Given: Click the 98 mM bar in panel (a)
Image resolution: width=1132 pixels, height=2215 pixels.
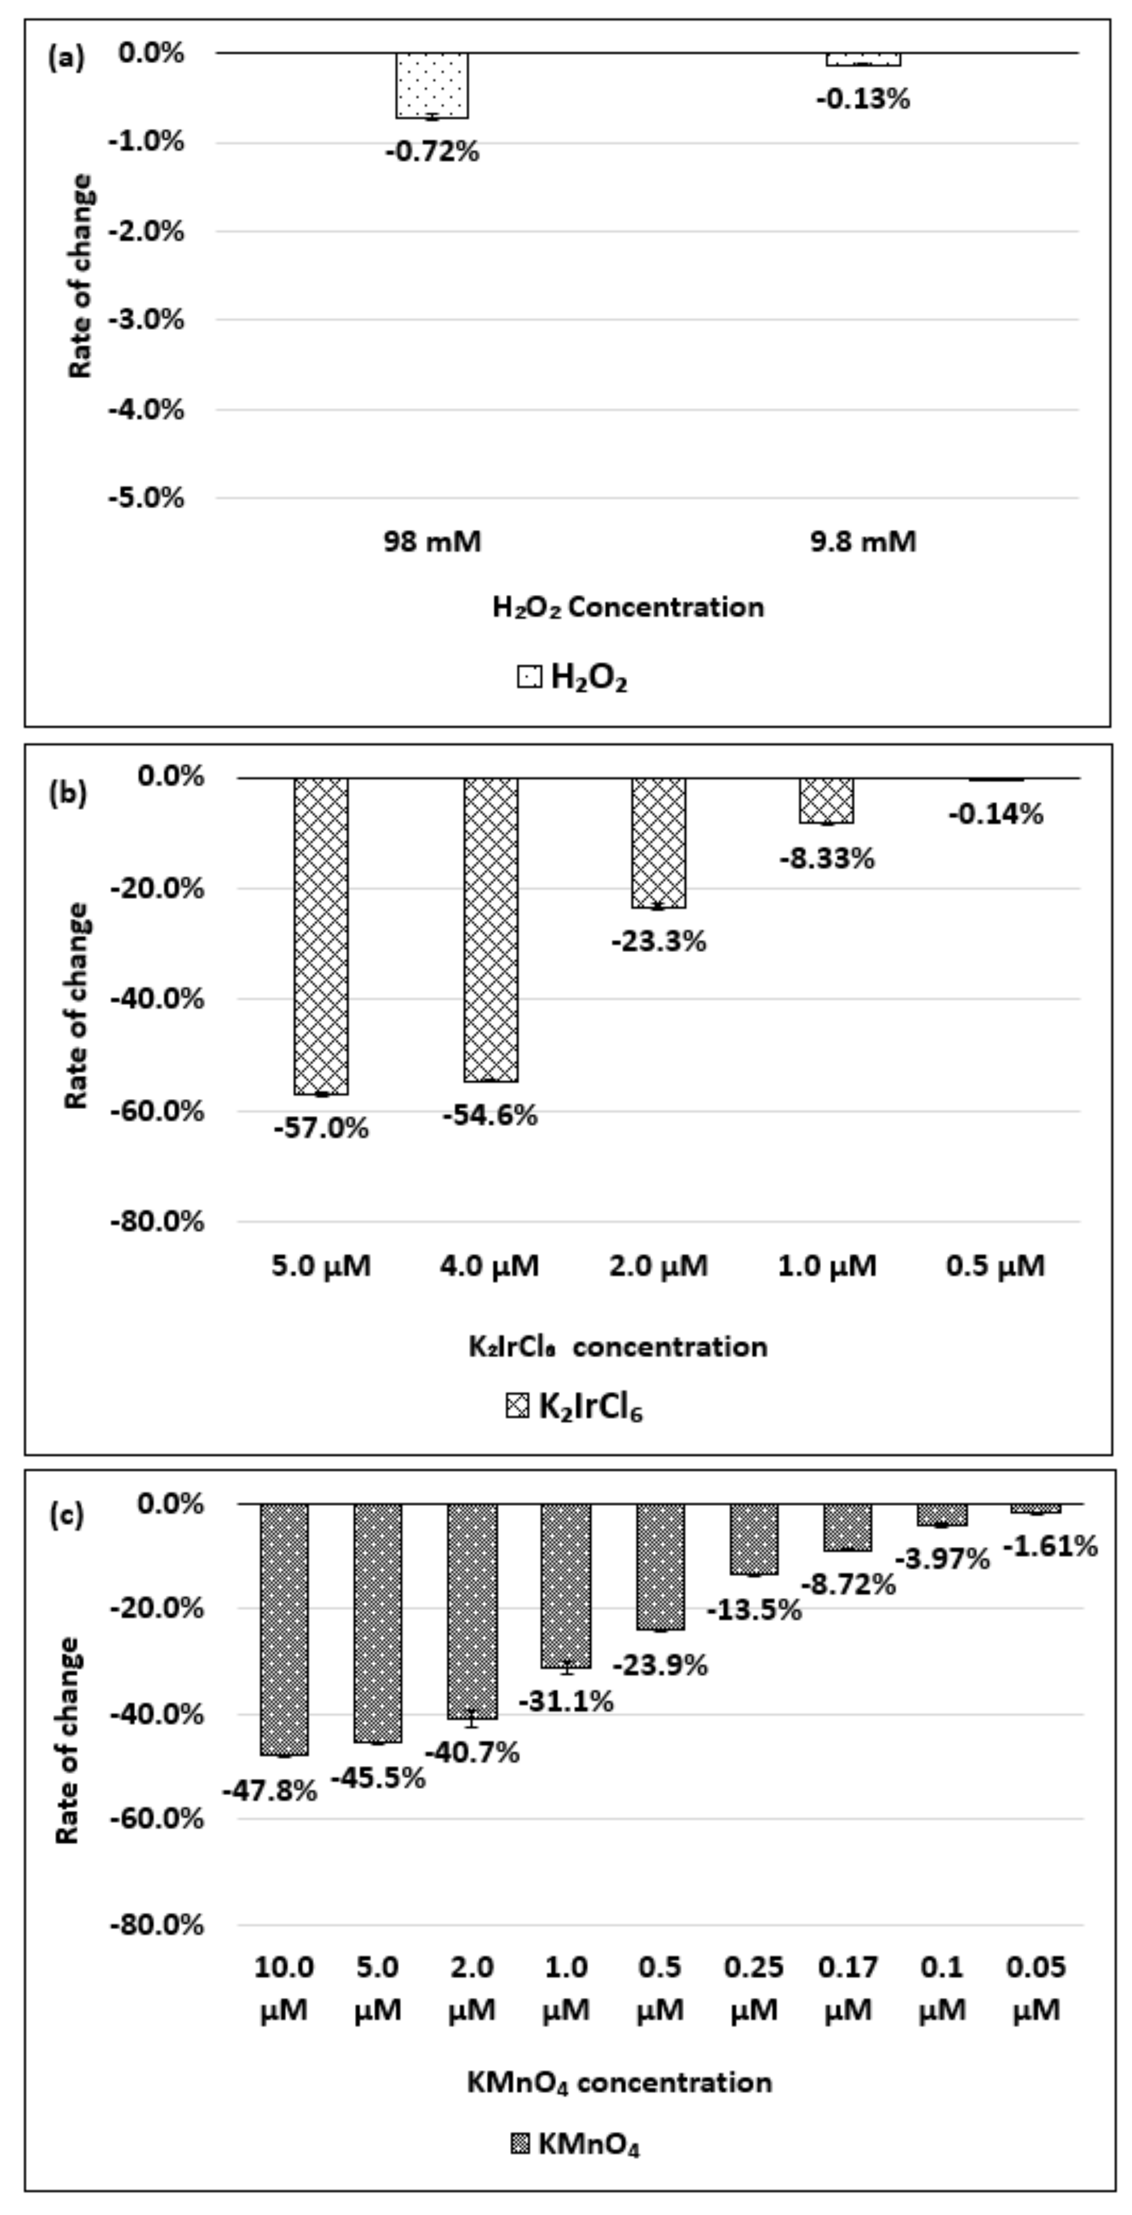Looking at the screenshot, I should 432,85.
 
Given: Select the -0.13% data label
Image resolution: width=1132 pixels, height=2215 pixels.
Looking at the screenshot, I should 863,100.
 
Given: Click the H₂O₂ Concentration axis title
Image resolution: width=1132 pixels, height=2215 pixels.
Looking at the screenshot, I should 628,607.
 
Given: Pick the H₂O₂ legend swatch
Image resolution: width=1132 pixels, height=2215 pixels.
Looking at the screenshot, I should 529,677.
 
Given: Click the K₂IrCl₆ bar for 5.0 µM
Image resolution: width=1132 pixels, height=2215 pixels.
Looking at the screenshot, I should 321,936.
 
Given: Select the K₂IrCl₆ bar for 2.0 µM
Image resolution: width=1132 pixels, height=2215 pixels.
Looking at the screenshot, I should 659,843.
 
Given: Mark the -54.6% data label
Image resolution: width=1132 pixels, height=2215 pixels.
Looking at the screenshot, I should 490,1116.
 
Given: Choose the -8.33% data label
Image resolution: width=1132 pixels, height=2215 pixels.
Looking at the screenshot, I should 827,858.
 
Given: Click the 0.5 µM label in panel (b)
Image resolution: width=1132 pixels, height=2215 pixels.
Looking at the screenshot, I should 995,1266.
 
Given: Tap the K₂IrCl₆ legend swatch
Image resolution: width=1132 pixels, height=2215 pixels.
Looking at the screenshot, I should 518,1407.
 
